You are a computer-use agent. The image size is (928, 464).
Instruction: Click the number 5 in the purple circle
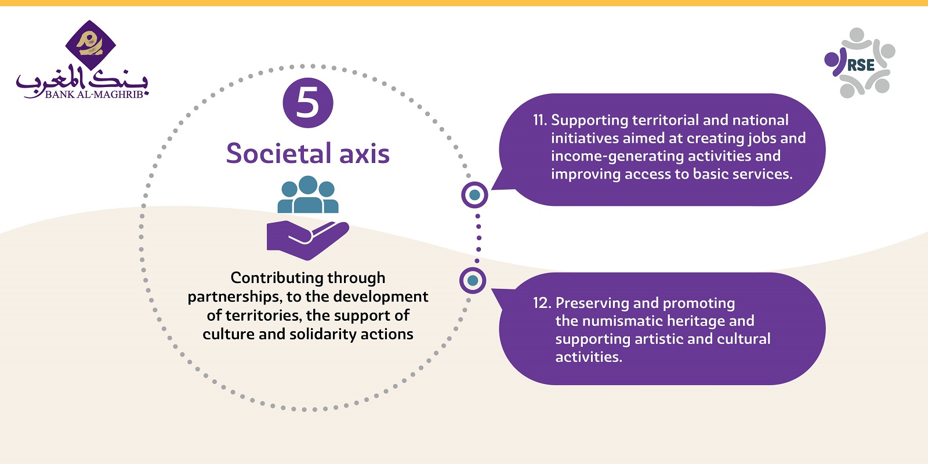pyautogui.click(x=308, y=103)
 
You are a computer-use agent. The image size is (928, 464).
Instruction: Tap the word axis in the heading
pyautogui.click(x=365, y=154)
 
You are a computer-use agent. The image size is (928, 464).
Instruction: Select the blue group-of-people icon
pyautogui.click(x=308, y=194)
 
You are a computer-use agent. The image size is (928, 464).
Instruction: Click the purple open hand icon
pyautogui.click(x=308, y=240)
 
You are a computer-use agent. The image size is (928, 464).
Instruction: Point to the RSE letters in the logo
pyautogui.click(x=861, y=65)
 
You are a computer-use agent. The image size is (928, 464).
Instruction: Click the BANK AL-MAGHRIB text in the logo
pyautogui.click(x=94, y=95)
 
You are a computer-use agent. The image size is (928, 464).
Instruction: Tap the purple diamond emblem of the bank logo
pyautogui.click(x=90, y=45)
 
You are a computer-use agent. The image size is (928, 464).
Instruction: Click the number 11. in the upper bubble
pyautogui.click(x=540, y=120)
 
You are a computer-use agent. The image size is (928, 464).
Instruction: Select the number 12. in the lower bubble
pyautogui.click(x=542, y=303)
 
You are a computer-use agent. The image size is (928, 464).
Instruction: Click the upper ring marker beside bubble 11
pyautogui.click(x=475, y=195)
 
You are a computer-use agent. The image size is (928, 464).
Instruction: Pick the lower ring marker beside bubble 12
pyautogui.click(x=473, y=281)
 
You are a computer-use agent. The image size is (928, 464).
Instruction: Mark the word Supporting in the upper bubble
pyautogui.click(x=589, y=121)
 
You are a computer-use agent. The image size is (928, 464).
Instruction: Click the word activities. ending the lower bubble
pyautogui.click(x=589, y=357)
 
